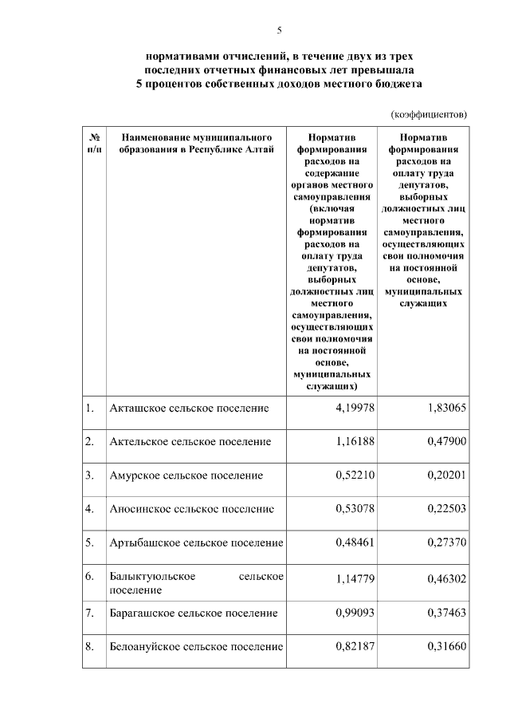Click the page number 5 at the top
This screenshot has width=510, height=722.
point(279,30)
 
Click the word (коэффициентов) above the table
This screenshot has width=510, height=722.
point(428,114)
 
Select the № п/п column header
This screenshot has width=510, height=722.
point(94,143)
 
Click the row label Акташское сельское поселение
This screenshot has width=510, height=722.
point(189,408)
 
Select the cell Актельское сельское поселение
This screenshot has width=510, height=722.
point(190,441)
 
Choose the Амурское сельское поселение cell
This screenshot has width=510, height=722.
point(186,475)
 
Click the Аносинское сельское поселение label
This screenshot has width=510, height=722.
point(192,509)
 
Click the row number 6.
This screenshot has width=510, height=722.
point(90,576)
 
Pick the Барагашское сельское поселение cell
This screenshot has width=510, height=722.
point(194,613)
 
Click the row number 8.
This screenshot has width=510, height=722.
point(90,646)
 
